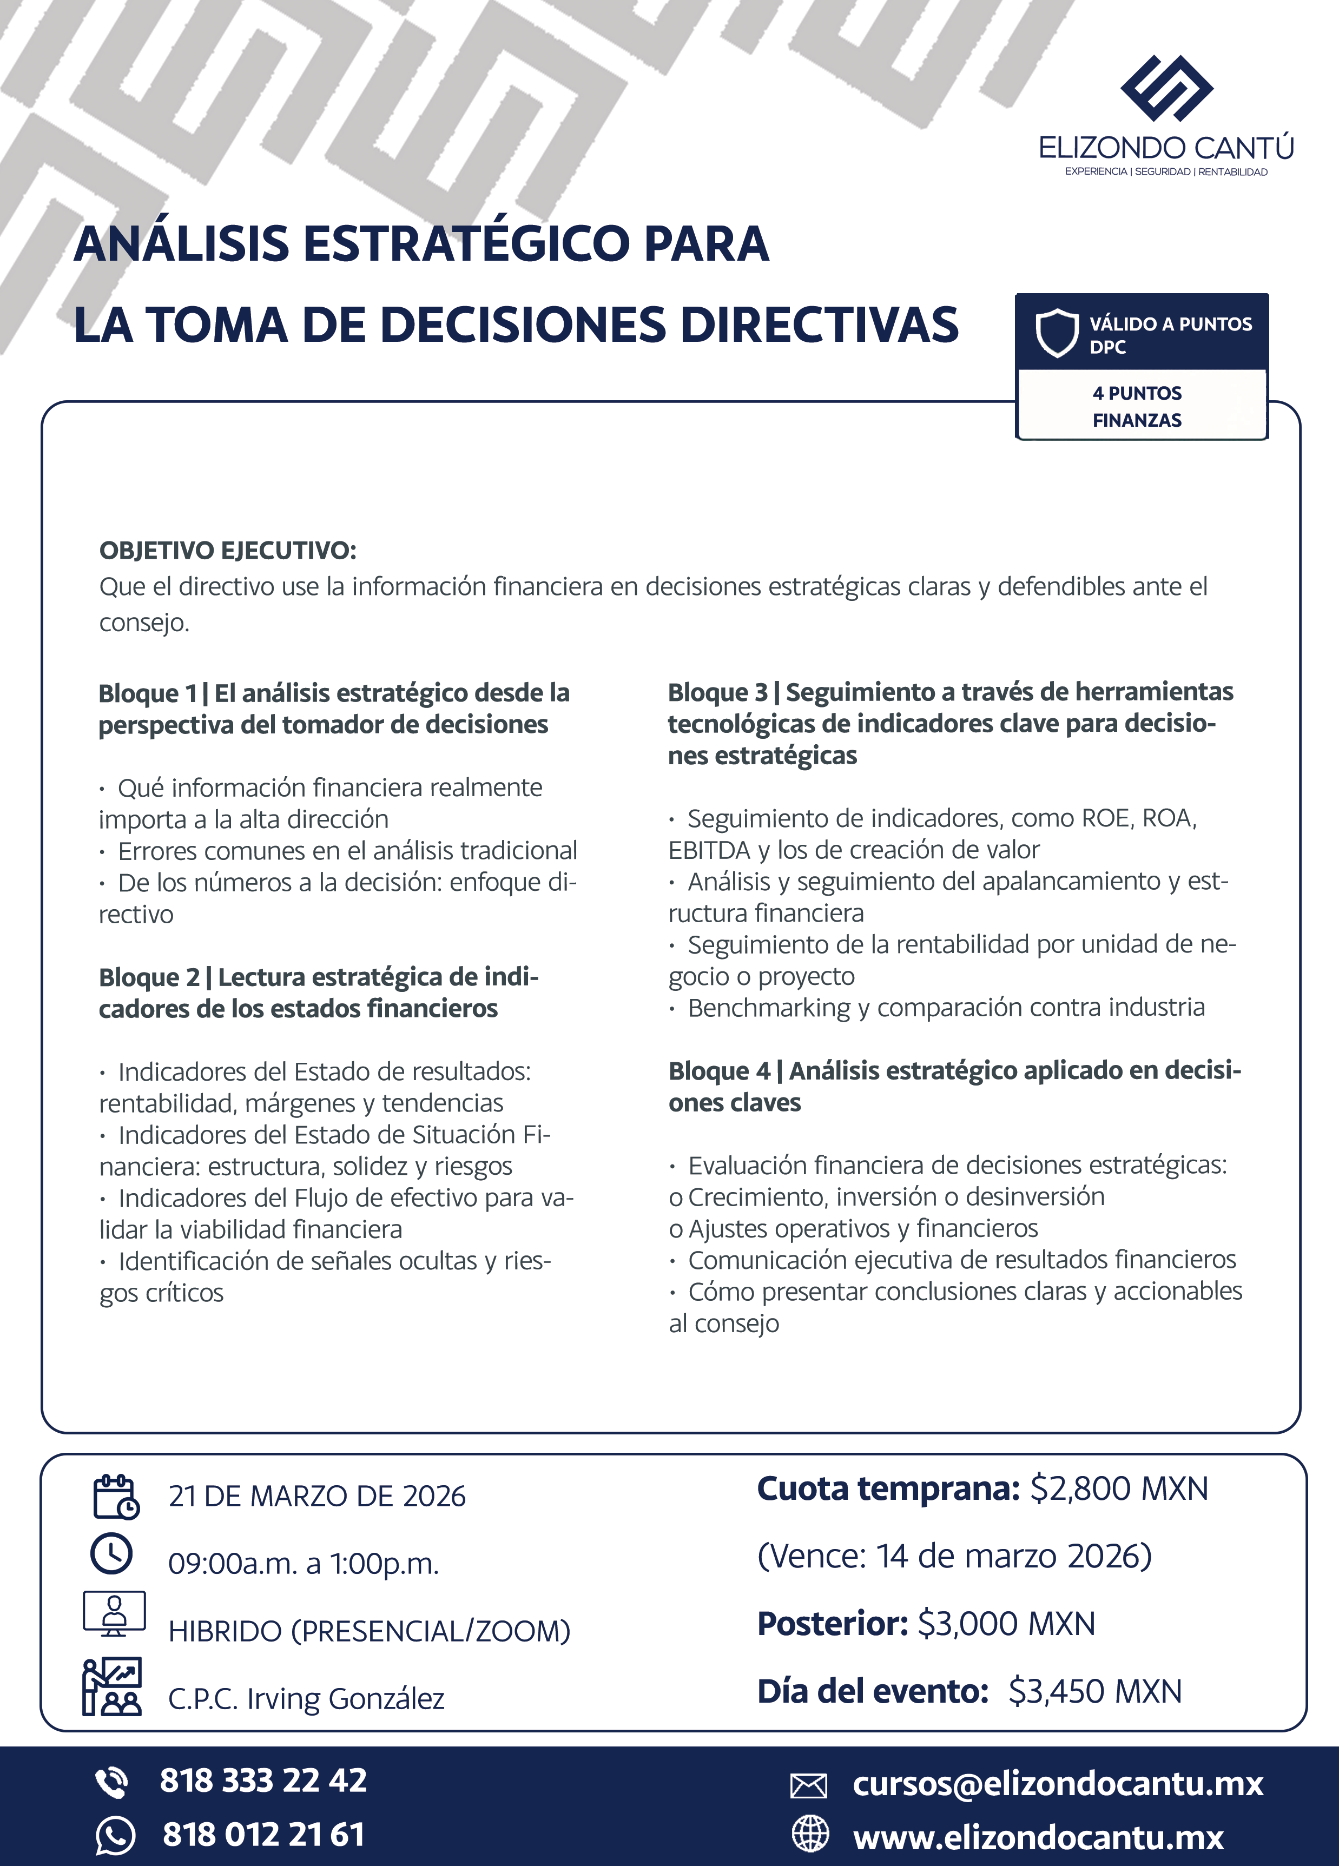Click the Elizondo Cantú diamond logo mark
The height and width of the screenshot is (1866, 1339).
point(1166,89)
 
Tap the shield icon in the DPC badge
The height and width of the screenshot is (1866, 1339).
point(1056,333)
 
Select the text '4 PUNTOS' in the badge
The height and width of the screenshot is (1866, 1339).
point(1137,393)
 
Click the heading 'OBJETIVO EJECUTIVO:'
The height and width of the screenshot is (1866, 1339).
point(228,551)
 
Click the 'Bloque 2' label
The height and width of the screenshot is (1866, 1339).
point(149,977)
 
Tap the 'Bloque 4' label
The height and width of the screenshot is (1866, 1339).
point(718,1071)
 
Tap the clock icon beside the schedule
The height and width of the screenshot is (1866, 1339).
point(111,1553)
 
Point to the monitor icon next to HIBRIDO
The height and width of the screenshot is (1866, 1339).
point(114,1614)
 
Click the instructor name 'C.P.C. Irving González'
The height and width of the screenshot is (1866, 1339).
point(306,1699)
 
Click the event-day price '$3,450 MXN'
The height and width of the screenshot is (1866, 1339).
point(1094,1692)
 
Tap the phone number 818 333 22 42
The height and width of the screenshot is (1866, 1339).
point(263,1779)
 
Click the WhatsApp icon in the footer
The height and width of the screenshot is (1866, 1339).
point(114,1836)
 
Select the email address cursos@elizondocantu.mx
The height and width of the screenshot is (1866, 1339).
point(1058,1784)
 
